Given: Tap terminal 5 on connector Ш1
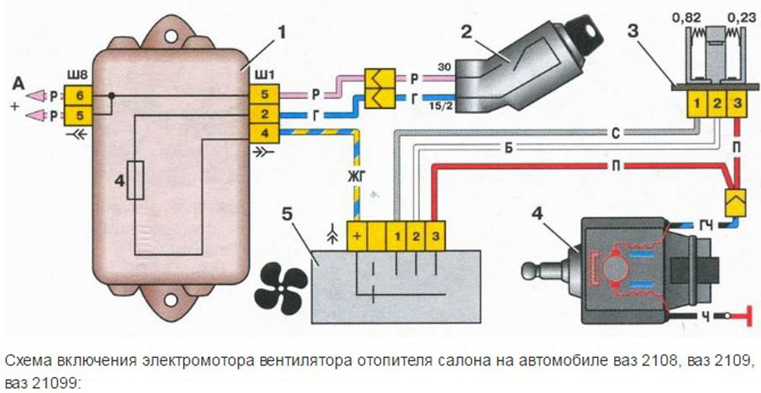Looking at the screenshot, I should [263, 95].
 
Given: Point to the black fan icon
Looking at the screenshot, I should [281, 282].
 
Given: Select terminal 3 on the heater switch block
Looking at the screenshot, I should [434, 236].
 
